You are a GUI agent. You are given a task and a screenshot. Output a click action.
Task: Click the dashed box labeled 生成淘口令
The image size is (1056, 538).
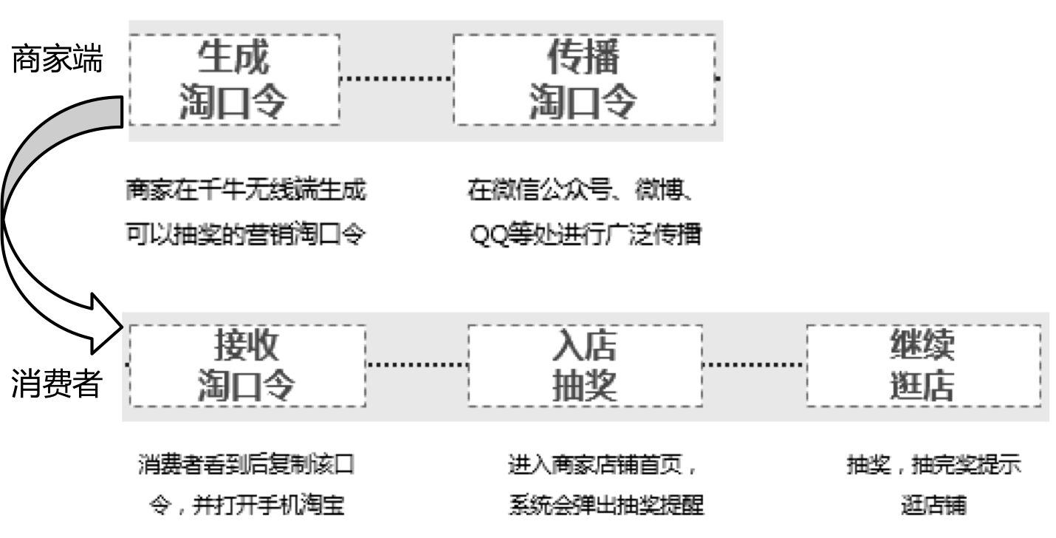(x=233, y=80)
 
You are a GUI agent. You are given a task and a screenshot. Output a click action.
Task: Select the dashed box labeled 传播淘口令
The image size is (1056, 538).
(x=583, y=80)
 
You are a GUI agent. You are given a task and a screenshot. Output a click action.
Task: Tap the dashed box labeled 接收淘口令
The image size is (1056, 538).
(x=248, y=366)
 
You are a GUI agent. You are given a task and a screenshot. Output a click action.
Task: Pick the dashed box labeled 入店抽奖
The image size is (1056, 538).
(x=585, y=366)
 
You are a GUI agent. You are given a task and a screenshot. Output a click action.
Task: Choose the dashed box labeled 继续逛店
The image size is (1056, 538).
(x=923, y=366)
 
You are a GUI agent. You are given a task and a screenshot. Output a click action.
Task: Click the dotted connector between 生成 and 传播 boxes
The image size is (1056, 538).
(x=396, y=77)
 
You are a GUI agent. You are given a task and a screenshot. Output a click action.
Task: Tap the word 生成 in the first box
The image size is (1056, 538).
(x=233, y=58)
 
